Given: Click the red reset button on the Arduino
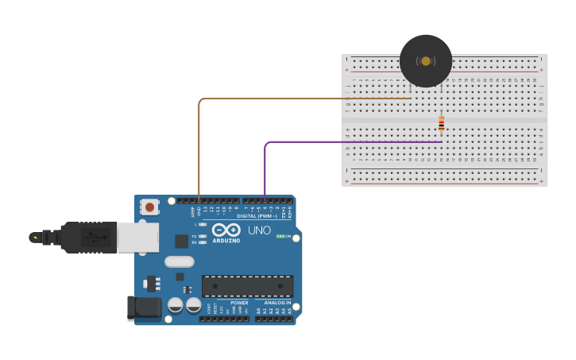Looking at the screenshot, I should pos(149,207).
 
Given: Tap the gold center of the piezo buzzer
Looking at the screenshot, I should pos(426,61).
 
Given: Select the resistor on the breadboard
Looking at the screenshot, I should pos(442,123).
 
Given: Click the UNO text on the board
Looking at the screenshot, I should pos(259,230).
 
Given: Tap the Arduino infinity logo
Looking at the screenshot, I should pos(226,230).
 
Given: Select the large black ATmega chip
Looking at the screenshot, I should pos(247,286).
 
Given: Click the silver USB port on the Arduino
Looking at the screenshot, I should pos(137,237).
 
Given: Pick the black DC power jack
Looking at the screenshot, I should pos(144,308).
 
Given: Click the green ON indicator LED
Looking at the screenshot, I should pos(280,236).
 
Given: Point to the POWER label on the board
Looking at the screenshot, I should pos(239,303).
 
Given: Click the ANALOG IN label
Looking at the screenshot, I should pos(276,303).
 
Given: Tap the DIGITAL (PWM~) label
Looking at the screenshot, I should pos(256,215).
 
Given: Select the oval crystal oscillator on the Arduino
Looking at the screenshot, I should pos(179,261).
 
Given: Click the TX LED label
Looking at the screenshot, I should pos(195,236).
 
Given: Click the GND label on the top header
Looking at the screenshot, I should pos(199,211).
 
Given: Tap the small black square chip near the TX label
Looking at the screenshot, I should pos(182,241).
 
